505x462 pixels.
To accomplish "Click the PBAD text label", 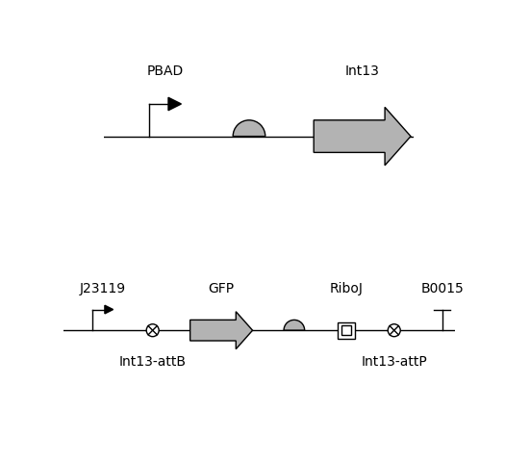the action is click(164, 70).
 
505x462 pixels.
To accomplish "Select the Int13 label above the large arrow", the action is click(362, 70).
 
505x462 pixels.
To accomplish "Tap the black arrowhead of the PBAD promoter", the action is click(174, 104).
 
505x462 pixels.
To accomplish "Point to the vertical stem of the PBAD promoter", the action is click(149, 120).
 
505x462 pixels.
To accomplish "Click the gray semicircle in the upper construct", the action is click(249, 129).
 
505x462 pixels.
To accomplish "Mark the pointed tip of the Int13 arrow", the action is click(411, 137).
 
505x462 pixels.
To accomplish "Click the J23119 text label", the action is click(102, 288).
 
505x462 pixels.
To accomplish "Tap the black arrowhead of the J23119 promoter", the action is click(109, 310).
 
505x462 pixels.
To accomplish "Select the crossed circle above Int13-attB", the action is click(153, 330).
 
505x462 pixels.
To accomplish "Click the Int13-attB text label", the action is click(152, 361).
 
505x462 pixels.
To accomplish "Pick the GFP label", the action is click(221, 288).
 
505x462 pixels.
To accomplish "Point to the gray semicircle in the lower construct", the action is click(294, 325).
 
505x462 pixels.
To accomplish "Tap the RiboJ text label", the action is click(346, 288).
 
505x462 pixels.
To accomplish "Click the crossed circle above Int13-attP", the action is click(394, 330).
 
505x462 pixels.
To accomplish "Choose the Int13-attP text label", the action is click(394, 361).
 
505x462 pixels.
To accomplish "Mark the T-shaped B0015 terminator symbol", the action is click(442, 320).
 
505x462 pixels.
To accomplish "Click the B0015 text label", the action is click(442, 288).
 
